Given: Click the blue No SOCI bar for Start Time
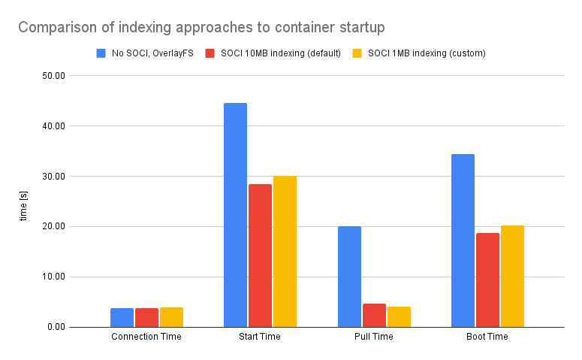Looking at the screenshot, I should [x=235, y=215].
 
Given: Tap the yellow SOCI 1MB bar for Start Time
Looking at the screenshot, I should [x=285, y=251].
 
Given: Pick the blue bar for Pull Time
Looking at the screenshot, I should [x=349, y=277].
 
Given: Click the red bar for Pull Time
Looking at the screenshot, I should [x=374, y=315].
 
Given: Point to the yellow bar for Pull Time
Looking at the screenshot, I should [x=399, y=316].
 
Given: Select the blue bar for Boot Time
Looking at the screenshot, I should [x=463, y=241].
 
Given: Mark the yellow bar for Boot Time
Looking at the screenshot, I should [x=512, y=276].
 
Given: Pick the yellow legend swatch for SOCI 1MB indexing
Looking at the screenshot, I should [x=357, y=53].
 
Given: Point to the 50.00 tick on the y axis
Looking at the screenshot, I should [x=56, y=76].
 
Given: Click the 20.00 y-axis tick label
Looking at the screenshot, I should [x=56, y=226].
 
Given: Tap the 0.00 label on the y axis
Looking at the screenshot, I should [x=58, y=327].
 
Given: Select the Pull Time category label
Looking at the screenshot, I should [x=373, y=337].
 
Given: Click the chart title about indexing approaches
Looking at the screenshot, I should [x=201, y=28].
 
